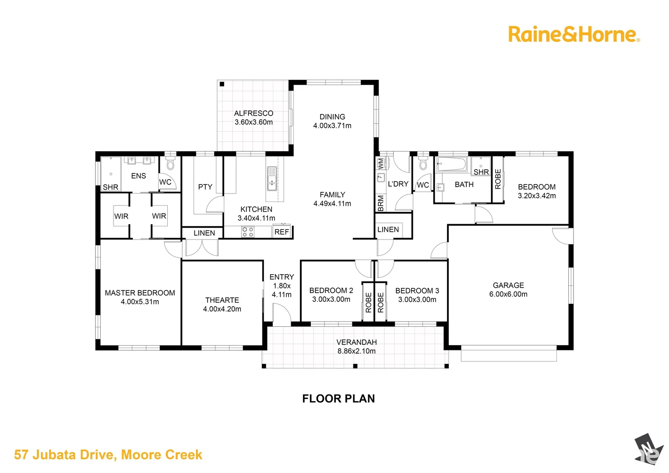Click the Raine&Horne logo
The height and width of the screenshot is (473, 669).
point(574,34)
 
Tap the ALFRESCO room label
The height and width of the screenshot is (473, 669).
point(254,113)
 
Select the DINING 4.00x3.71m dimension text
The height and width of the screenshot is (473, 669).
point(332,126)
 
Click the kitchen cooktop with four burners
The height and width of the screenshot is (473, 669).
point(248,232)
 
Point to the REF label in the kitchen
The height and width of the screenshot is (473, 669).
point(282,232)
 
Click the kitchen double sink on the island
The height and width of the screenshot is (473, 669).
point(272,178)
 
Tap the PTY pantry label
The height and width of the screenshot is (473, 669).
point(205,187)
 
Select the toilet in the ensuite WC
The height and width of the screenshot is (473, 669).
point(170,164)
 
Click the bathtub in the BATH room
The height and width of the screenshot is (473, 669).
point(451,164)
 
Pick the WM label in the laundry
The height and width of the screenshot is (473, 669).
point(380,163)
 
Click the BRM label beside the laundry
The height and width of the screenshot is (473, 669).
point(380,203)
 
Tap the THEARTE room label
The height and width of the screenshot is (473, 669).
point(222,300)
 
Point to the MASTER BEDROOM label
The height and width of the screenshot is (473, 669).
point(140,293)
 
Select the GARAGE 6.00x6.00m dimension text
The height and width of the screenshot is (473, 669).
point(508,294)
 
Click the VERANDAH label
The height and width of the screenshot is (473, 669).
point(356,342)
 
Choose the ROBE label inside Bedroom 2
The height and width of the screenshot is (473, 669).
point(368,302)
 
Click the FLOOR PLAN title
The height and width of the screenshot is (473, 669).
point(338,399)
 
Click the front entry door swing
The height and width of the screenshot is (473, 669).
point(281,314)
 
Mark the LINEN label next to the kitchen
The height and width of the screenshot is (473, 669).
point(204,233)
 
